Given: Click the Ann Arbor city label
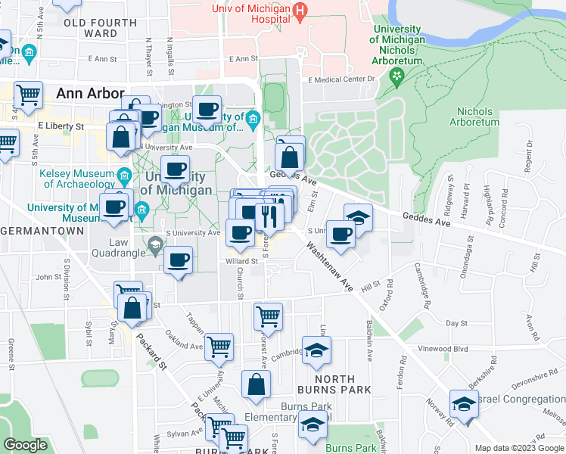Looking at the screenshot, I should pos(90,94).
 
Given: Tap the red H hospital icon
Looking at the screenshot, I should pos(300,11).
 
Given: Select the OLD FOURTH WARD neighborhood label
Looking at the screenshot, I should pos(101,28).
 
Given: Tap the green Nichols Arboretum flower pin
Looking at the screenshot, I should pos(397,76).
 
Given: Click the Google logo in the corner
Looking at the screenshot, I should pos(25,445).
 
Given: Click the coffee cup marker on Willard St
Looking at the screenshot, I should pos(179,261).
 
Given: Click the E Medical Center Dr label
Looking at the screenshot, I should pos(341,78).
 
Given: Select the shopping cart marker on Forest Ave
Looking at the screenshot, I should pos(268,316).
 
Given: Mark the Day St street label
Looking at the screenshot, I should pos(457,323).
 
